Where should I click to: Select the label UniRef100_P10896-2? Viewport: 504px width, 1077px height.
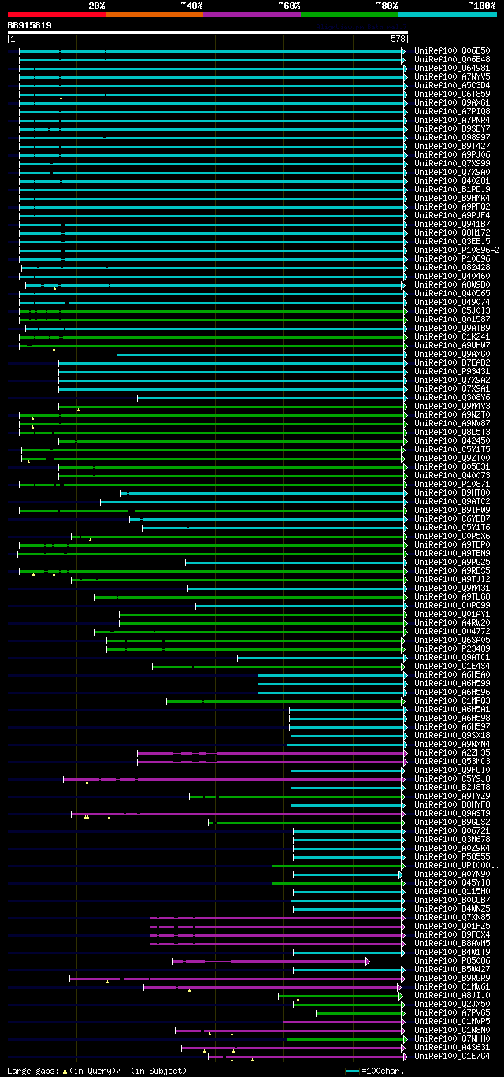(456, 251)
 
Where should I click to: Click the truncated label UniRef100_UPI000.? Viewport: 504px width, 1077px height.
(455, 866)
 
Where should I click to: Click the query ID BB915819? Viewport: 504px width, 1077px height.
(30, 25)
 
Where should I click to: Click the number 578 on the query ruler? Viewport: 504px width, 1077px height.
(397, 39)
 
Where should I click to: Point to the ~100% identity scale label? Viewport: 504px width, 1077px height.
(481, 6)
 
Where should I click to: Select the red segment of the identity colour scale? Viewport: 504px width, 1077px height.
(55, 13)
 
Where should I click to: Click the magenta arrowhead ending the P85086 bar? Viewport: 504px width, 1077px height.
(367, 961)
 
